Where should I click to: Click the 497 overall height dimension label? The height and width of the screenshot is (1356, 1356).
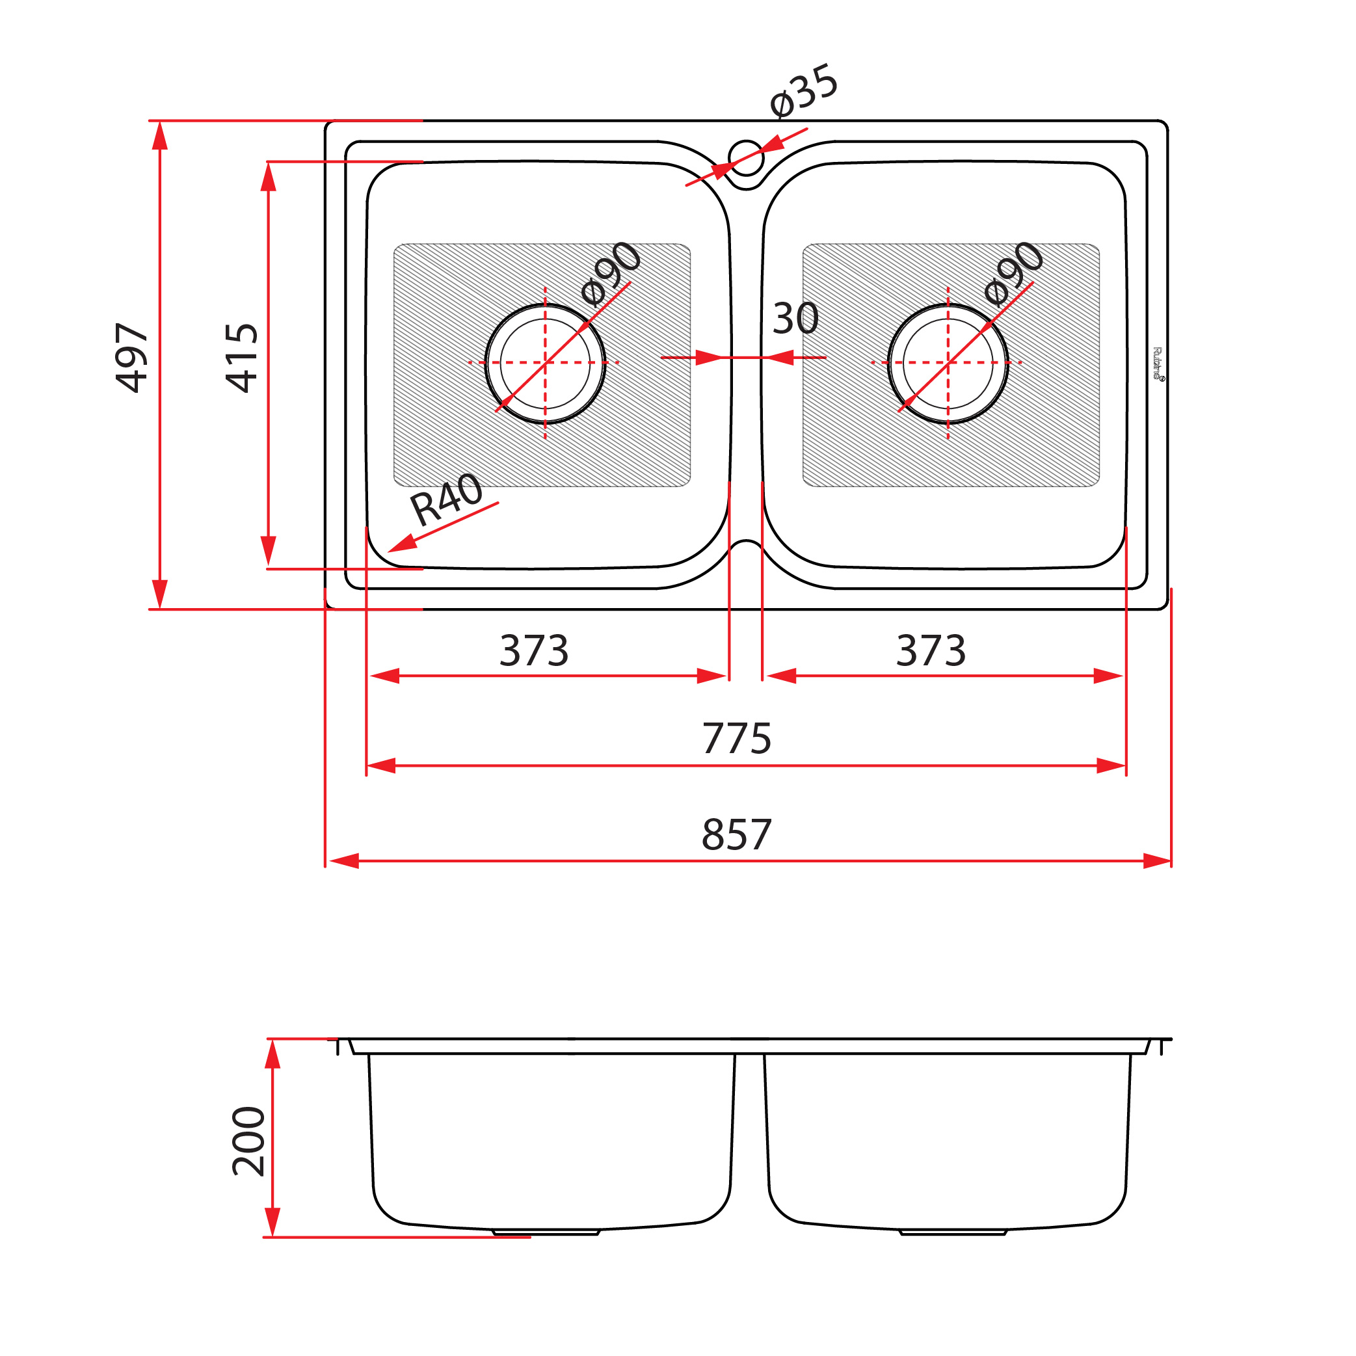[x=131, y=358]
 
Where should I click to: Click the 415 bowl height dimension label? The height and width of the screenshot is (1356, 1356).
[x=242, y=358]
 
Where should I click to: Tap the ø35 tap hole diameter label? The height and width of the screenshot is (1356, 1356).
[x=804, y=91]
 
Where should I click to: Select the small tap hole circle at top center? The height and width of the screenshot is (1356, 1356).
[x=746, y=158]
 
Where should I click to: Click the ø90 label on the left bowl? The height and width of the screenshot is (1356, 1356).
[x=611, y=274]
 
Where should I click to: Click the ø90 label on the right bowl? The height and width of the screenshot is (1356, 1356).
[x=1014, y=274]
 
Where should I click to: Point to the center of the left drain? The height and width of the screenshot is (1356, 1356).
[x=546, y=363]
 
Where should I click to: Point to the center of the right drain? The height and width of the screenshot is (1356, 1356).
[x=948, y=363]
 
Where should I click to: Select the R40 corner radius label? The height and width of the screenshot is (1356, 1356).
[x=446, y=499]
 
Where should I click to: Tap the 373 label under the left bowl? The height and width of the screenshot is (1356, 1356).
[x=534, y=650]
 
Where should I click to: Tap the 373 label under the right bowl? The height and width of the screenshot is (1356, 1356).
[x=931, y=650]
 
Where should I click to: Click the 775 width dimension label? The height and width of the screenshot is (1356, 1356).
[x=736, y=738]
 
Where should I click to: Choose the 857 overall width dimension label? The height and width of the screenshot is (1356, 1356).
[x=736, y=834]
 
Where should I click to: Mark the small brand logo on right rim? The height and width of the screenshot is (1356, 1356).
[x=1158, y=364]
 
